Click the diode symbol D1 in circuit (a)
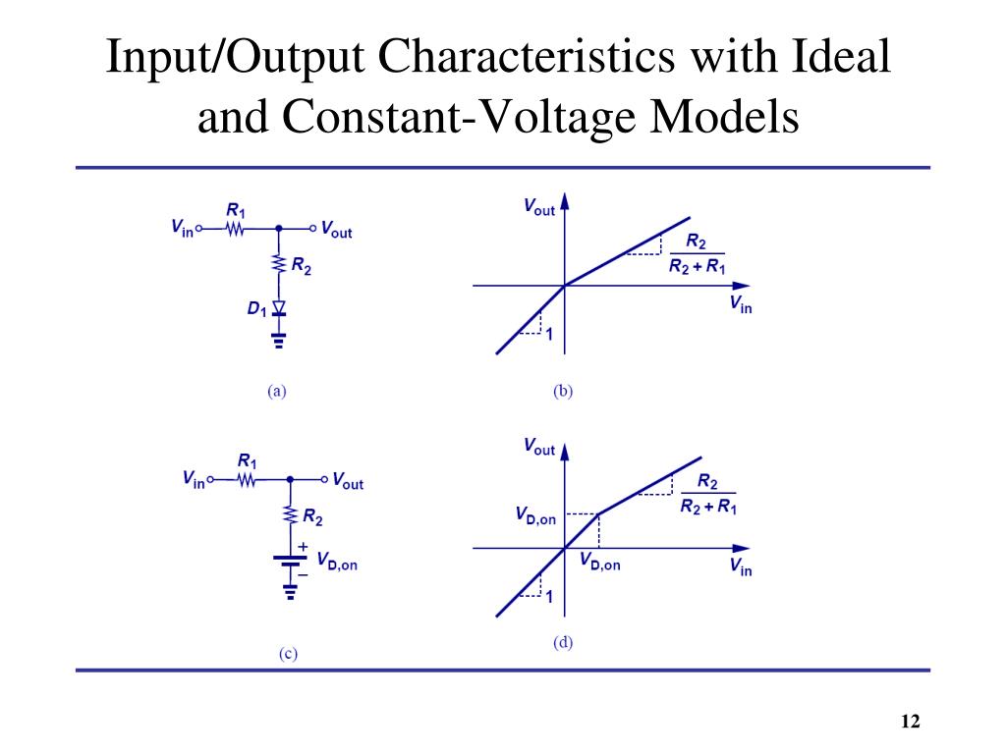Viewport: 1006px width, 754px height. click(x=279, y=309)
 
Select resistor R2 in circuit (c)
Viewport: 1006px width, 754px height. click(x=290, y=513)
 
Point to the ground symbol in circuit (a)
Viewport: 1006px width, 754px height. click(x=279, y=342)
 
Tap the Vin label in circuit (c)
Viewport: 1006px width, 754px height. click(x=194, y=480)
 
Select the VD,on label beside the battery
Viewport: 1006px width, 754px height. click(x=335, y=564)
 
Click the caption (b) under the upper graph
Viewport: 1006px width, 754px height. click(x=563, y=391)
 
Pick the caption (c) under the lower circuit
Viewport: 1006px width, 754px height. click(x=288, y=654)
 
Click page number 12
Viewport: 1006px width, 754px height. click(x=910, y=723)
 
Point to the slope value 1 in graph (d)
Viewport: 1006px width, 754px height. click(x=549, y=595)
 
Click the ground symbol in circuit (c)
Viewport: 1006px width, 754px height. click(x=290, y=592)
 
